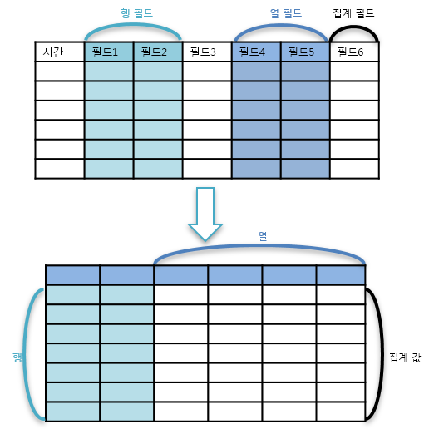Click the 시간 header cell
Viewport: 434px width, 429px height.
(60, 52)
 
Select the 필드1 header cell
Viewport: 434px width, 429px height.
(109, 52)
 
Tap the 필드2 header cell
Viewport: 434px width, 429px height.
(158, 52)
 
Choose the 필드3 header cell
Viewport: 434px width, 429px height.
(207, 52)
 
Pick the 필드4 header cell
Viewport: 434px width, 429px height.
(256, 52)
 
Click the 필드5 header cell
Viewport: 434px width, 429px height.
(305, 52)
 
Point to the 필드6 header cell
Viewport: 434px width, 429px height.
(354, 52)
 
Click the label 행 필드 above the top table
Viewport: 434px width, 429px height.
(136, 13)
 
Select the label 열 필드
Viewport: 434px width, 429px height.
(286, 13)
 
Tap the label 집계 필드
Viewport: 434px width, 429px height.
(353, 13)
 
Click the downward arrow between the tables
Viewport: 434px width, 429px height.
(205, 214)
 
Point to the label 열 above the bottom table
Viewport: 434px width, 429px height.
(263, 236)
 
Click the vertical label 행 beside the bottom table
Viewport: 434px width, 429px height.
(17, 357)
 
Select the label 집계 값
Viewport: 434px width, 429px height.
(405, 357)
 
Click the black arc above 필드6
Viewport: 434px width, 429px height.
(354, 27)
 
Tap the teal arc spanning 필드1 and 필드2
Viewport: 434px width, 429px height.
(133, 25)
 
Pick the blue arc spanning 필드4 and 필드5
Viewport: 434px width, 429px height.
(281, 26)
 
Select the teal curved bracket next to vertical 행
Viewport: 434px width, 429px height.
(24, 355)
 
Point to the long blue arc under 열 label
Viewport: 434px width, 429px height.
(259, 245)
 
